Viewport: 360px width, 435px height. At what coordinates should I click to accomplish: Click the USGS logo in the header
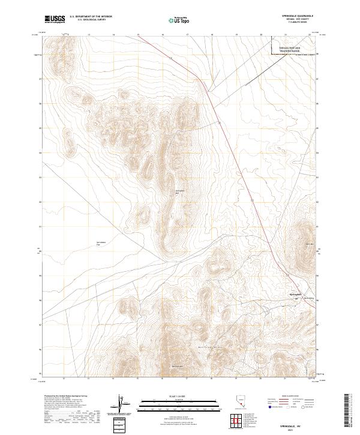(55, 19)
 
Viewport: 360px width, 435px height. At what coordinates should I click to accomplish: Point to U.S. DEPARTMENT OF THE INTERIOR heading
(91, 17)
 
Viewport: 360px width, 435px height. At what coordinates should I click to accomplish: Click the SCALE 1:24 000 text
(174, 395)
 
